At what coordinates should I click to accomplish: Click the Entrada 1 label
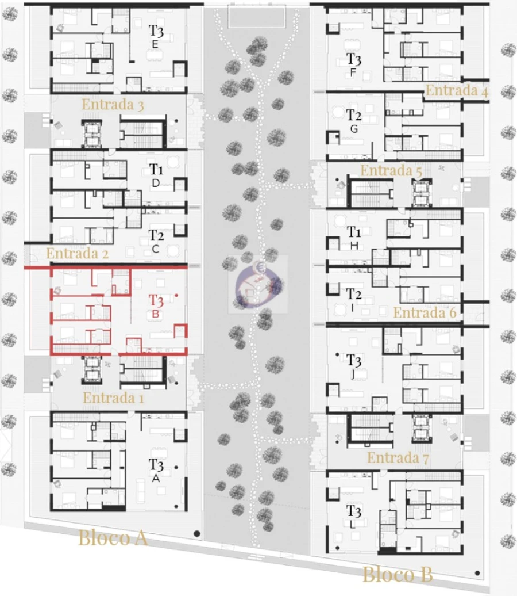[113, 398]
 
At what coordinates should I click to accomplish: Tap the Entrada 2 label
[77, 253]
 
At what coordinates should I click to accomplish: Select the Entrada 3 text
[113, 105]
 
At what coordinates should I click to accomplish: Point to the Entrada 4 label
[457, 90]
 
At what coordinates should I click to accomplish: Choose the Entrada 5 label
[391, 171]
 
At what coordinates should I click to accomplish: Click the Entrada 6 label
[425, 313]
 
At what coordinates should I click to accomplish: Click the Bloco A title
[113, 538]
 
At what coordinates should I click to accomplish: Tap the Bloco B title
[398, 574]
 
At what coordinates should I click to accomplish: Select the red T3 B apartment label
[156, 305]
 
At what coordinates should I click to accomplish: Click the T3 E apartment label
[156, 36]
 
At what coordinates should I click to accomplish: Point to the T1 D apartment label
[156, 175]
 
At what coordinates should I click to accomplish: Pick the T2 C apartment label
[156, 240]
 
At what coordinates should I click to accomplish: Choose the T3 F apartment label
[353, 64]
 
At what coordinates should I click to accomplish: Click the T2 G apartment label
[353, 121]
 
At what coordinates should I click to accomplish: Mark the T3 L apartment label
[353, 516]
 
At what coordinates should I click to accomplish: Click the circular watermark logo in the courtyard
[258, 284]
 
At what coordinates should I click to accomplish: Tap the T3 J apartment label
[353, 365]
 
